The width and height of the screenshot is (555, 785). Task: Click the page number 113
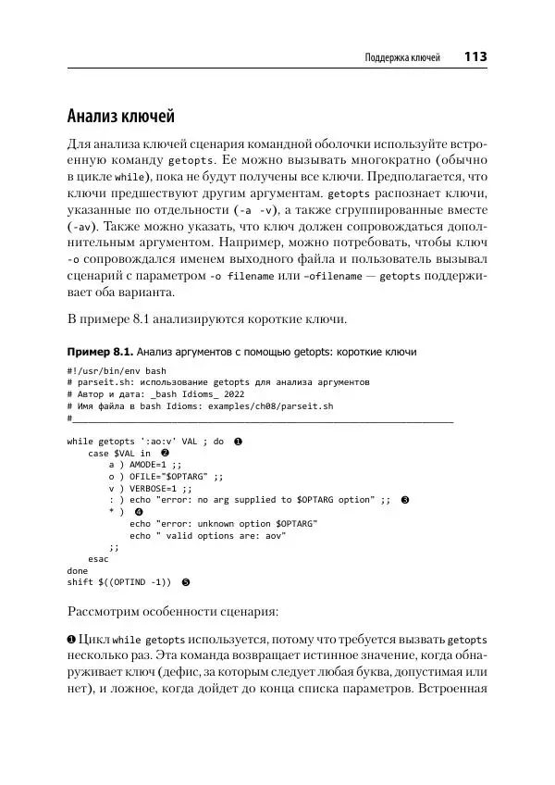pyautogui.click(x=475, y=57)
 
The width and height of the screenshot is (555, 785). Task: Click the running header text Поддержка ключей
pyautogui.click(x=403, y=58)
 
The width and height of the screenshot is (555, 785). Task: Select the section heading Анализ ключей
pyautogui.click(x=121, y=118)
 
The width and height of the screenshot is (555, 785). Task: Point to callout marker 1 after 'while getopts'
pyautogui.click(x=238, y=442)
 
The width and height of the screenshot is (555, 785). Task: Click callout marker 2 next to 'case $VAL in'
pyautogui.click(x=165, y=453)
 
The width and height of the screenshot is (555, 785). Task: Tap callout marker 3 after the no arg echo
pyautogui.click(x=404, y=499)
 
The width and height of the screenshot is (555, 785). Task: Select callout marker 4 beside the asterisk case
pyautogui.click(x=139, y=511)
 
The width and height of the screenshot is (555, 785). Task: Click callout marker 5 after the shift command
pyautogui.click(x=185, y=582)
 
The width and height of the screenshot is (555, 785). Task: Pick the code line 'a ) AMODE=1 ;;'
pyautogui.click(x=145, y=465)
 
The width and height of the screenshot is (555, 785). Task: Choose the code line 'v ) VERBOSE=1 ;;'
pyautogui.click(x=150, y=488)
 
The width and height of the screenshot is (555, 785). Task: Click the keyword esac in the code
pyautogui.click(x=98, y=559)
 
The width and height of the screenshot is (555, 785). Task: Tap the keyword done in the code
pyautogui.click(x=78, y=570)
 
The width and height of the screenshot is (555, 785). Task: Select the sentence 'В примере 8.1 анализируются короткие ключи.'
pyautogui.click(x=208, y=319)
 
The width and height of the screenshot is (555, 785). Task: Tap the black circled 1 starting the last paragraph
pyautogui.click(x=72, y=641)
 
